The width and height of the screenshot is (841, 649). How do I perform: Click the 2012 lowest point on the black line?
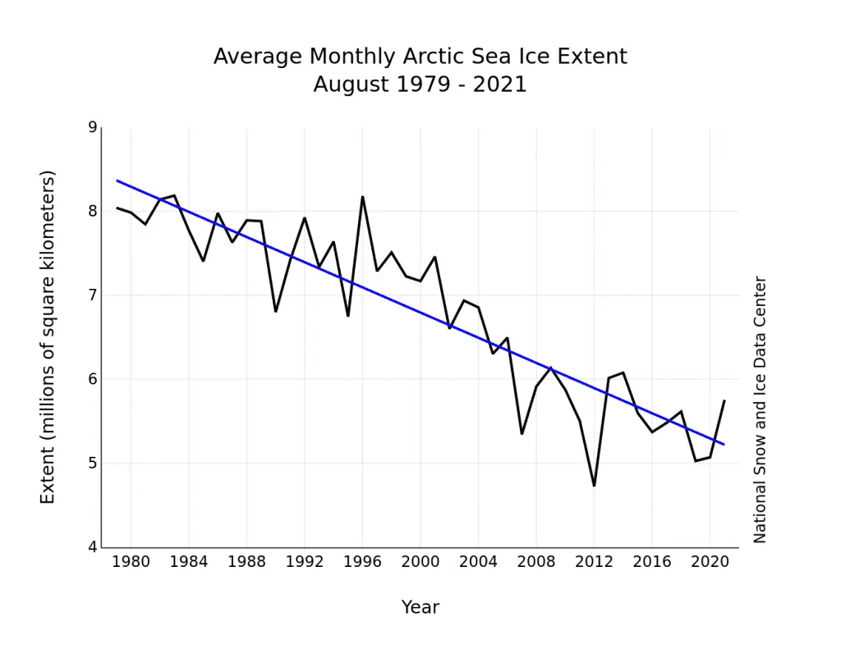point(594,486)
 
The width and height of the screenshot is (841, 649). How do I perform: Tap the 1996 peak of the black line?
point(362,196)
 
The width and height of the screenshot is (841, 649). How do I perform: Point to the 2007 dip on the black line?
point(522,433)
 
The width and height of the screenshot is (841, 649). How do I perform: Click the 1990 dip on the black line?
point(275,311)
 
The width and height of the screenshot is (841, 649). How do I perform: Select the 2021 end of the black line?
point(724,400)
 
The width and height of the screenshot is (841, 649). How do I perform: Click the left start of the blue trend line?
point(117,181)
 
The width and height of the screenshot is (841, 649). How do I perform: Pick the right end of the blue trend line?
point(724,444)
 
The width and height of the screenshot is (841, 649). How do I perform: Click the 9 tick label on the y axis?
point(92,127)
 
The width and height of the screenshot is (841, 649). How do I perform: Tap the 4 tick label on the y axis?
point(92,547)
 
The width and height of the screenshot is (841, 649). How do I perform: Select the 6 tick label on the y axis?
point(92,379)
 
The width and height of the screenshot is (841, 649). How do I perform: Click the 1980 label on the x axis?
point(131,563)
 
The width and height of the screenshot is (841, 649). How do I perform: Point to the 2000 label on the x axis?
point(420,563)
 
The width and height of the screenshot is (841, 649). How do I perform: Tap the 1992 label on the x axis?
point(304,563)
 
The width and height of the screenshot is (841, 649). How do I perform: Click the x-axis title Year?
point(420,607)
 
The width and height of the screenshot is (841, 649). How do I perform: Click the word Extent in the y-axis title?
point(48,479)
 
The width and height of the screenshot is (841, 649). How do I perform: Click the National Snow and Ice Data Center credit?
point(760,409)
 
